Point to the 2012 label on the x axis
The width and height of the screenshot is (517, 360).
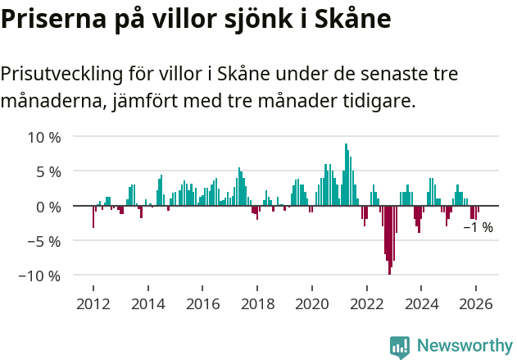point(93,303)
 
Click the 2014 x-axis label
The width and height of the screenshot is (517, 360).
point(148,303)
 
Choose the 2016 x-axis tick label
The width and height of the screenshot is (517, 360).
point(202,303)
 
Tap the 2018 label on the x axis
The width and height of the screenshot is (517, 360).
point(257,303)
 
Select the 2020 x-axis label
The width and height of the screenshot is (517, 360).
point(312,303)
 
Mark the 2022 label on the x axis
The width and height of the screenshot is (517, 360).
point(366,303)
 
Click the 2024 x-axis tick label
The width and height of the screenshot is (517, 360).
point(421,303)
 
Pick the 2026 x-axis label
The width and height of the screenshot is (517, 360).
point(476,303)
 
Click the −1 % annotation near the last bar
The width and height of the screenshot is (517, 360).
point(478,227)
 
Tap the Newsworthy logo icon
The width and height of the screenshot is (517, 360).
point(400,346)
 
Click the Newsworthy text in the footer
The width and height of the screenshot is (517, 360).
point(464,346)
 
